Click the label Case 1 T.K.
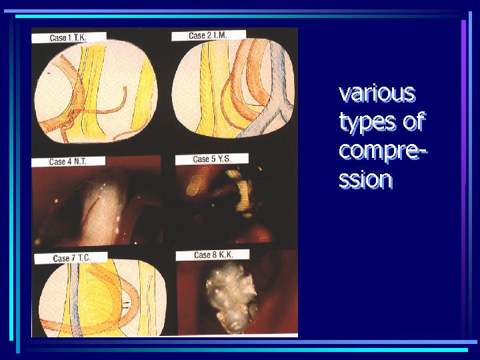point(68,38)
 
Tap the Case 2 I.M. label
point(208,35)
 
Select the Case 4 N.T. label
point(67,161)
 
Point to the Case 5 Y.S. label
point(212,159)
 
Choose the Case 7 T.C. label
point(71,258)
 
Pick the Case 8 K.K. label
point(214,255)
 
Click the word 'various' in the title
point(377,93)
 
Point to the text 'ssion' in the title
point(365,179)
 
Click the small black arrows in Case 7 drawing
point(127,304)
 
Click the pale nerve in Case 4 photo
point(101,211)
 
